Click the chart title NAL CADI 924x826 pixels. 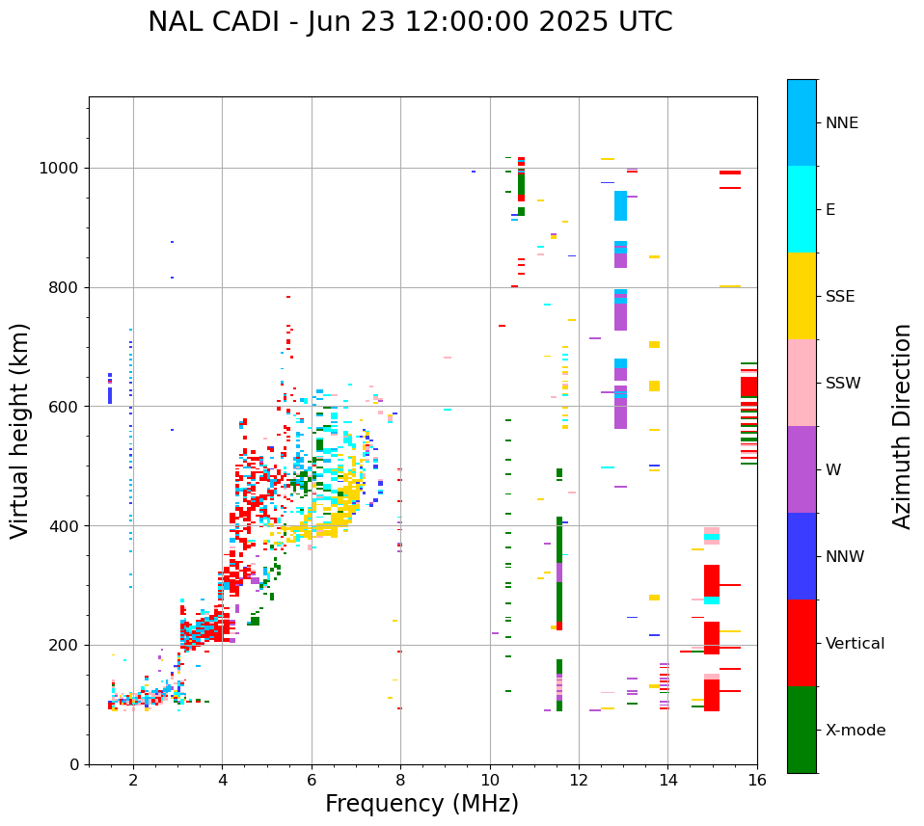[x=410, y=22]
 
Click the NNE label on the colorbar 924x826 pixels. [x=841, y=123]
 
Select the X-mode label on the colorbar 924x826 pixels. [x=856, y=731]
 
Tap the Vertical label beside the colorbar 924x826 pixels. [x=856, y=644]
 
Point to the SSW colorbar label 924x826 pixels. [x=843, y=384]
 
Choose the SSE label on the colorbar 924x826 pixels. [x=840, y=297]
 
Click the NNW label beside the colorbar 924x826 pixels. [x=845, y=557]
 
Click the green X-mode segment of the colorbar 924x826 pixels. [x=802, y=730]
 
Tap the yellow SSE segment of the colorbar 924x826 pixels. [x=802, y=296]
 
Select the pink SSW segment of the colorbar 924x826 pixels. [x=802, y=383]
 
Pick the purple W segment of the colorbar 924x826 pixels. [x=802, y=469]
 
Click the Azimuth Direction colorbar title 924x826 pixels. [x=902, y=426]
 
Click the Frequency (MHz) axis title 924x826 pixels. [x=421, y=804]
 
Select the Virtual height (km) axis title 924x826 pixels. [x=20, y=431]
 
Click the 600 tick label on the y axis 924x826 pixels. [x=65, y=407]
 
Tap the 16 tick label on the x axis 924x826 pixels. [x=756, y=780]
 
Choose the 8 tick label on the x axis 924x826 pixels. [x=400, y=780]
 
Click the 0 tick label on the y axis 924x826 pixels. [x=74, y=764]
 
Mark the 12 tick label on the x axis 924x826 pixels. [x=579, y=780]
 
